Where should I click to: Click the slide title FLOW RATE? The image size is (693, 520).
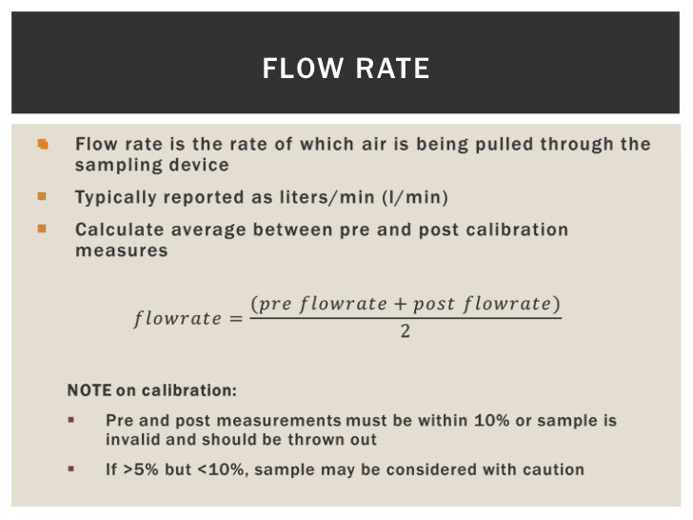point(346,70)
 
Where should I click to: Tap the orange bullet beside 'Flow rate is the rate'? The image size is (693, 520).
point(42,145)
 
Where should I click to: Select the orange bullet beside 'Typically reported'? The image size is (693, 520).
point(42,197)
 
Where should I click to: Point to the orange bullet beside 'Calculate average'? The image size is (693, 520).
point(42,229)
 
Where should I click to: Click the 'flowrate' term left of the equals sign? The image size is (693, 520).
point(177,319)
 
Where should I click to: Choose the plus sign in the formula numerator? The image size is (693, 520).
point(401,305)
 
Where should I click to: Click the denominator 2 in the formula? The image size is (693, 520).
point(406,333)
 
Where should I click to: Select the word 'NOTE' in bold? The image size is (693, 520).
point(89,390)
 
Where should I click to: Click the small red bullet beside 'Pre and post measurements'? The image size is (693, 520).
point(72,419)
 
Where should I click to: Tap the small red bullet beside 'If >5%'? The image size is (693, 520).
point(72,469)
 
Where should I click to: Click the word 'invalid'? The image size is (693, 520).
point(132,440)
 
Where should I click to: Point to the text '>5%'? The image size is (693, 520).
point(139,470)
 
